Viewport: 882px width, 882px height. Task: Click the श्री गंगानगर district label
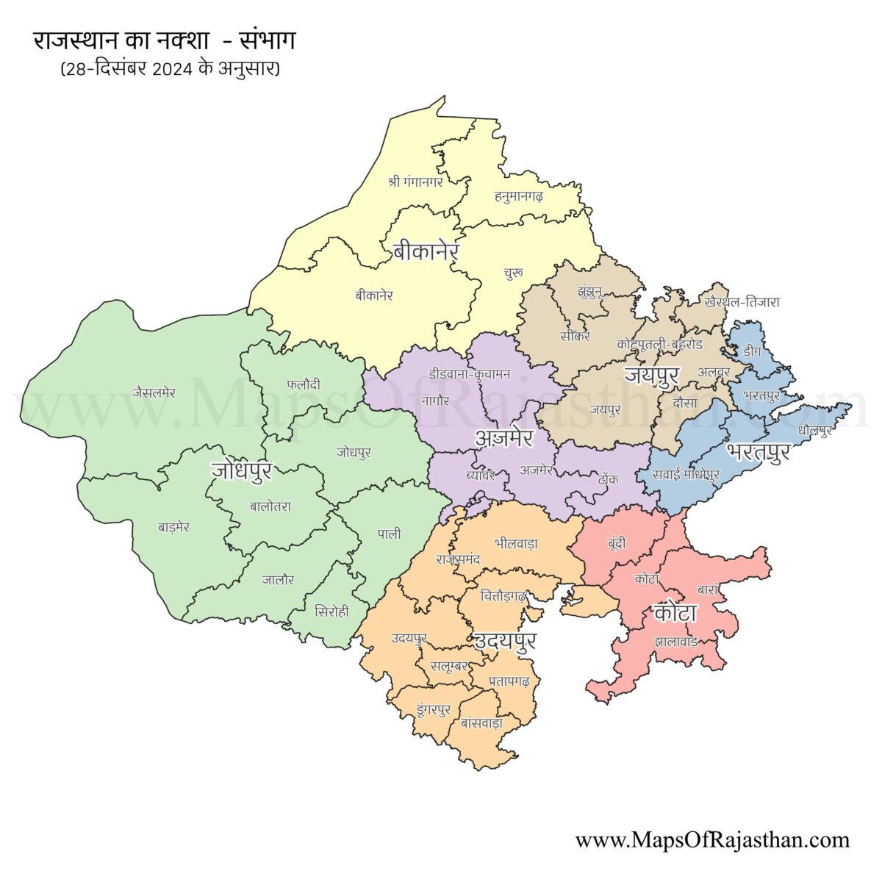[x=416, y=180]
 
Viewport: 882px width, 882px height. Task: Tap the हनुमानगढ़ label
[x=519, y=196]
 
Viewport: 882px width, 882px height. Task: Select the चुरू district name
[x=514, y=273]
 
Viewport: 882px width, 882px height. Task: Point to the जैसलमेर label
[x=154, y=392]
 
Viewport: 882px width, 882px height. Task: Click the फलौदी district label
[x=303, y=383]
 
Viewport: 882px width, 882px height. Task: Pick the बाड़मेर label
[x=174, y=527]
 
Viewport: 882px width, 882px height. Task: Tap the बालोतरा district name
[x=270, y=506]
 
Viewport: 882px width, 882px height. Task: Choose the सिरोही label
[x=331, y=612]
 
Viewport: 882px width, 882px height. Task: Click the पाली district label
[x=390, y=534]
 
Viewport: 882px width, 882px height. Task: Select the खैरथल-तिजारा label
[x=742, y=302]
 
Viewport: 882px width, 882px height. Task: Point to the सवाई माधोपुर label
[x=686, y=474]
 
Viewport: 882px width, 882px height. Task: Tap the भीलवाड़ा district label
[x=516, y=544]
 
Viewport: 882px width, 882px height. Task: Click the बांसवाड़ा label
[x=481, y=723]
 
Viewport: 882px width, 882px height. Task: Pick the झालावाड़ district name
[x=675, y=642]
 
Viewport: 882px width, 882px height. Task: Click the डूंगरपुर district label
[x=433, y=709]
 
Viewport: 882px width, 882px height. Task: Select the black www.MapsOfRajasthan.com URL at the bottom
[x=712, y=840]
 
